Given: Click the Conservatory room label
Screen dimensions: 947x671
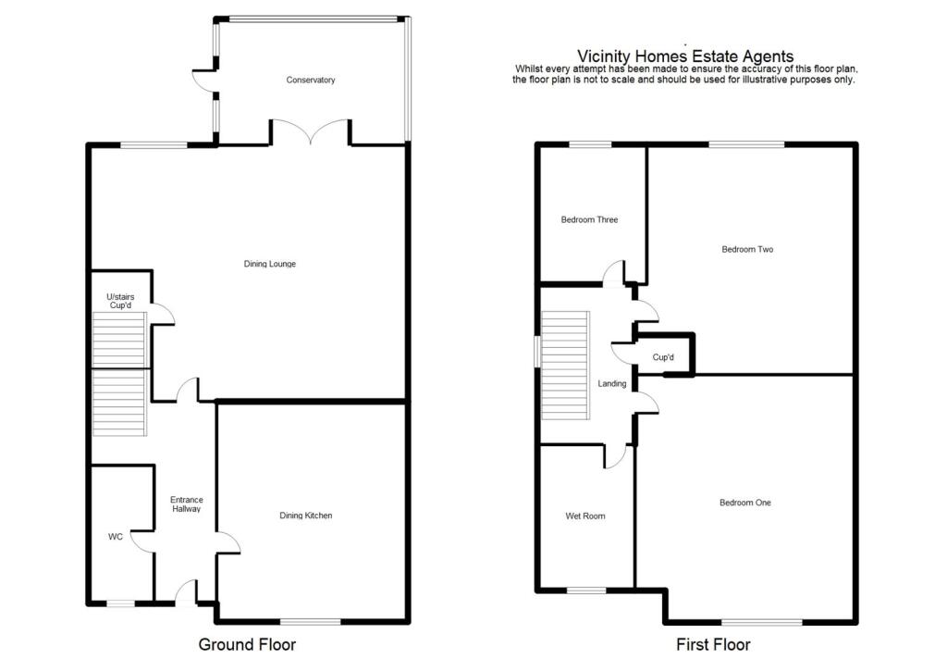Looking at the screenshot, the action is [x=311, y=80].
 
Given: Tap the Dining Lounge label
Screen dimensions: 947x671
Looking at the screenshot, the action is [x=270, y=264].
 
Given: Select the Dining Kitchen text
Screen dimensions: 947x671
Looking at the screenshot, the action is [x=305, y=516].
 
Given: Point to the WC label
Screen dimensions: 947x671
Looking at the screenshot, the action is [x=116, y=537].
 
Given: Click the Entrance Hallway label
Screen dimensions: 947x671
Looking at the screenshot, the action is [x=187, y=504].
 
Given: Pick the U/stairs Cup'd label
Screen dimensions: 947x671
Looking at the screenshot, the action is [x=120, y=301].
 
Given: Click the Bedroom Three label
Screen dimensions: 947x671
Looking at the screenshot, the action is [x=589, y=220].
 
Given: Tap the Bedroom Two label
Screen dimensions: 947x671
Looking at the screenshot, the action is [x=747, y=249].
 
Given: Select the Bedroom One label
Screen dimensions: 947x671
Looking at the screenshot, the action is [x=745, y=503].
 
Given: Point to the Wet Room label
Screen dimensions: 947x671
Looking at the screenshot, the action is [x=585, y=516].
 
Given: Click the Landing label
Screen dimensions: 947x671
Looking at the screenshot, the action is [x=612, y=384].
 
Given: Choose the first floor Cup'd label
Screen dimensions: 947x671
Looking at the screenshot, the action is [x=663, y=357].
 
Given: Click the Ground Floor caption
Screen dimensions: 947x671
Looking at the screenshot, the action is [x=247, y=644].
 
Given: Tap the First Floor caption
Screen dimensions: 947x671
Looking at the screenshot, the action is [x=713, y=644].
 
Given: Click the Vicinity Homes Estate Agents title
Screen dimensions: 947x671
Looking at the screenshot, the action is [x=685, y=56].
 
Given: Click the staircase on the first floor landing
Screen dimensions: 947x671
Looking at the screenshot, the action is [x=565, y=366].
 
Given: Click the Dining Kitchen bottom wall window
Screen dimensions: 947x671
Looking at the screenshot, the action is [x=311, y=621].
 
